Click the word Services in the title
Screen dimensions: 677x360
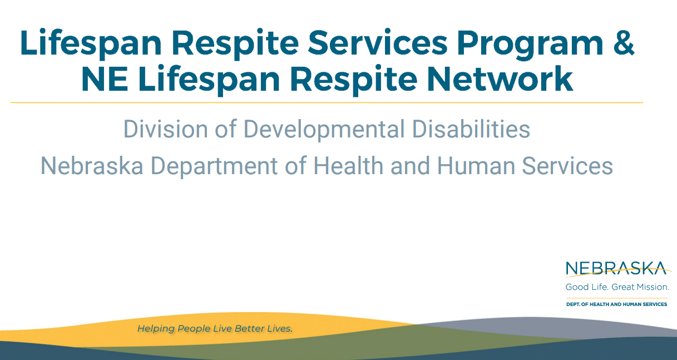click(x=378, y=43)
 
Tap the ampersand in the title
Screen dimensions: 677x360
click(x=624, y=43)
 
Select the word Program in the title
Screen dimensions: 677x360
click(x=530, y=45)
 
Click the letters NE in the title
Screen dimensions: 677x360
click(x=105, y=78)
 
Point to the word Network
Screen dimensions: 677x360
click(x=500, y=78)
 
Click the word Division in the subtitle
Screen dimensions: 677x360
click(x=166, y=129)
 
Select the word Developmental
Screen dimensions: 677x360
click(x=324, y=130)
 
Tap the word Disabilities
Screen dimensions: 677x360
click(x=471, y=129)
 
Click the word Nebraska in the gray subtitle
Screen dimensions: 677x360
click(x=92, y=166)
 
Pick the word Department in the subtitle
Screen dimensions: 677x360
click(x=214, y=167)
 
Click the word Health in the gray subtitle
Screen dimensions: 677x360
click(x=348, y=166)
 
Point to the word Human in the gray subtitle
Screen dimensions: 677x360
click(x=476, y=166)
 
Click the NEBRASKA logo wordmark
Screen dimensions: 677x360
click(x=616, y=268)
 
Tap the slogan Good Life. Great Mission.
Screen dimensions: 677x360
click(x=617, y=287)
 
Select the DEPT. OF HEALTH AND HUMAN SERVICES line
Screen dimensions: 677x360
click(x=616, y=304)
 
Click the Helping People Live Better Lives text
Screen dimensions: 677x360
click(x=215, y=328)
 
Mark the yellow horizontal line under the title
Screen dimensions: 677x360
click(x=327, y=102)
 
